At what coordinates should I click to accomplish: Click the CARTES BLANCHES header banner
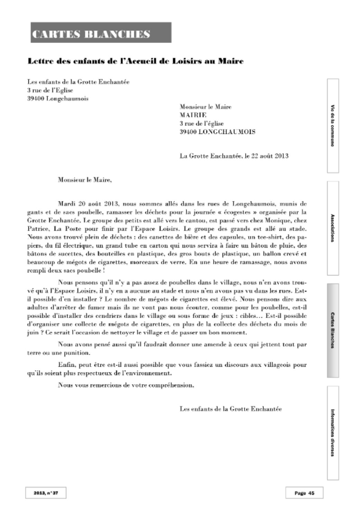point(101,33)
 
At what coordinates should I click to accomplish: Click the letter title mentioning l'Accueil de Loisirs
point(135,62)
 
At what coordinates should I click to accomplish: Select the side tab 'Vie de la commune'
point(333,125)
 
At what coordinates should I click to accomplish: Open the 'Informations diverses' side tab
point(333,433)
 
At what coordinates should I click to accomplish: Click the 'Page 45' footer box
point(304,493)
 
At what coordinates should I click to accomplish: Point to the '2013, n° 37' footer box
point(45,493)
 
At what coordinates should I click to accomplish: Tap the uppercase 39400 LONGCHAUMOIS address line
point(217,132)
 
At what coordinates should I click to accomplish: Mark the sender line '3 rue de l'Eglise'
point(50,90)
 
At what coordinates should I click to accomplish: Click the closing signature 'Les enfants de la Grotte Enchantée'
point(231,409)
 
